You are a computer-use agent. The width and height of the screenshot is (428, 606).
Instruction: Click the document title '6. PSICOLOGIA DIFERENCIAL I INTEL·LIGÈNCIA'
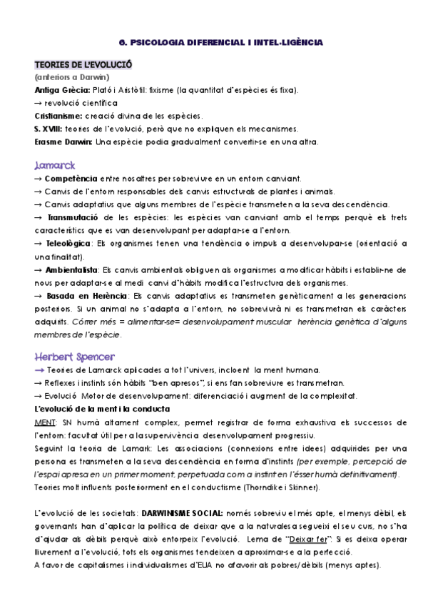pos(218,42)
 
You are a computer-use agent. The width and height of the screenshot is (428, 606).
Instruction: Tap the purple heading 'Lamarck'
pos(54,164)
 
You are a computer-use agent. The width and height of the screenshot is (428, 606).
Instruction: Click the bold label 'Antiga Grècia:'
pos(61,90)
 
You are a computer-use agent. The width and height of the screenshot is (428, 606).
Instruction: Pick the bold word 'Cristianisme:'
pos(58,116)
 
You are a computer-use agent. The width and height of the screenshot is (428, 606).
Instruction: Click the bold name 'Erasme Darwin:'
pos(63,141)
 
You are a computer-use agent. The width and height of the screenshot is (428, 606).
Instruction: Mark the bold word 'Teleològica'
pos(68,244)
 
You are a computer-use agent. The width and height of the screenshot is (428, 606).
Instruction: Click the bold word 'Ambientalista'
pos(72,270)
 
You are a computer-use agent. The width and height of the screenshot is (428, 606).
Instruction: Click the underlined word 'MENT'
pos(44,422)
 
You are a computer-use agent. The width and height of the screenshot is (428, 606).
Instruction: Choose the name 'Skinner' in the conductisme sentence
pos(303,487)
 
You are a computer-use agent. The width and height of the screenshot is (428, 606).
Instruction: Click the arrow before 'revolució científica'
pos(39,103)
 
